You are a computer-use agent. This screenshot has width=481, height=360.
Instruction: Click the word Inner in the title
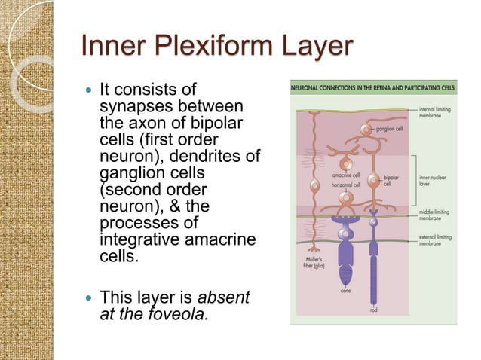pos(106,47)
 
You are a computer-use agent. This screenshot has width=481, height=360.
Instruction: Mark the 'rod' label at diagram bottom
pos(373,309)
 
